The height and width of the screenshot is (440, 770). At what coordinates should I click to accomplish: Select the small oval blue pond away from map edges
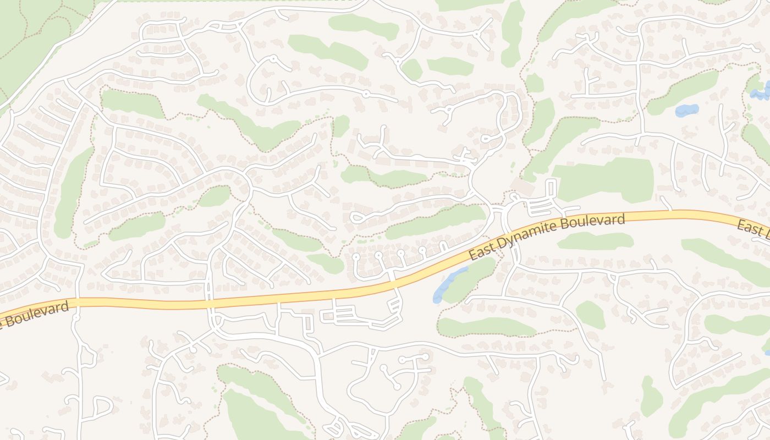686,110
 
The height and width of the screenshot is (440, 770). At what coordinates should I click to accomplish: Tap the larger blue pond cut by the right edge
762,91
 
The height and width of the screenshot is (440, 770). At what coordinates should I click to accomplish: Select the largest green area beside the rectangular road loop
605,179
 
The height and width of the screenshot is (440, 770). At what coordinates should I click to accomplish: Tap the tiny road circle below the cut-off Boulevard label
76,318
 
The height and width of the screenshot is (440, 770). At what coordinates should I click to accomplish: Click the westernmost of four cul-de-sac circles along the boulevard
356,257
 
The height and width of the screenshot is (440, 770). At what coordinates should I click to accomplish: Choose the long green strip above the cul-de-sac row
435,222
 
